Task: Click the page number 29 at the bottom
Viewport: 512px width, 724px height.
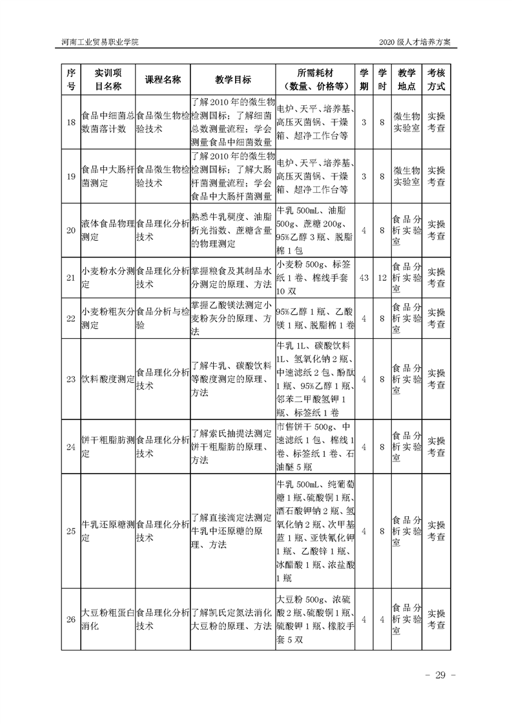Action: (441, 675)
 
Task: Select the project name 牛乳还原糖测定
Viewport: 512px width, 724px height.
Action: (108, 530)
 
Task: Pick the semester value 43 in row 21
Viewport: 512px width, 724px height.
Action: (364, 277)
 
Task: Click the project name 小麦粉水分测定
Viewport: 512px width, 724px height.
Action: (108, 277)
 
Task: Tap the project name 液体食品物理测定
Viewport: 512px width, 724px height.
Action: (108, 230)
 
